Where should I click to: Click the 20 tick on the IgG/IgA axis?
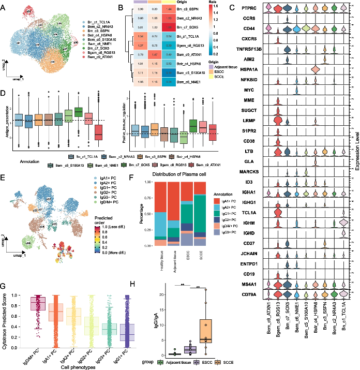164,293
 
